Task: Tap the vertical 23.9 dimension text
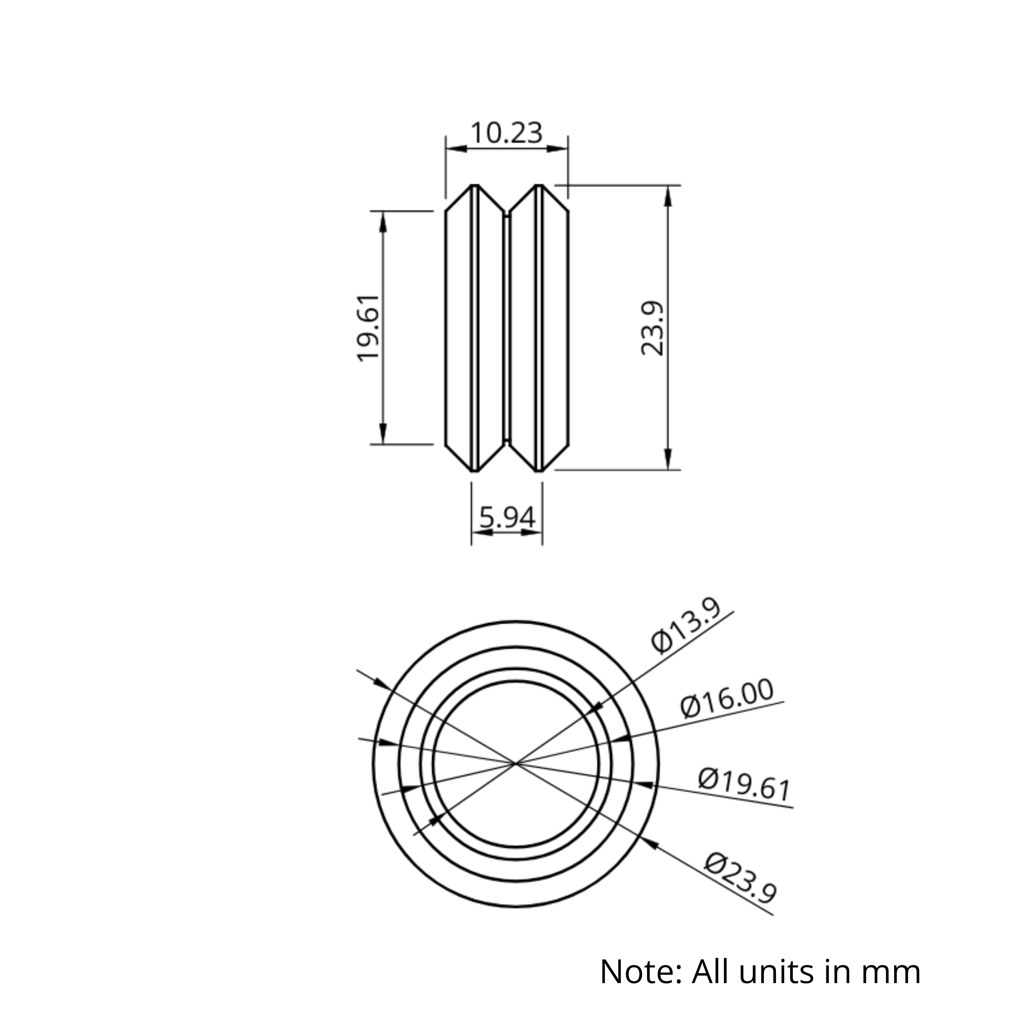tap(652, 328)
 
